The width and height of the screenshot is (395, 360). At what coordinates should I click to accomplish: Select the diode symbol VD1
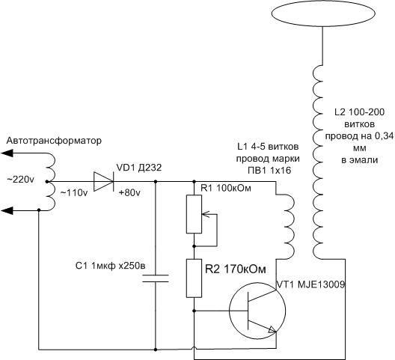pos(103,181)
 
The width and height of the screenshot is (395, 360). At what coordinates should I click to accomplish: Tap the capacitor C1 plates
pos(156,278)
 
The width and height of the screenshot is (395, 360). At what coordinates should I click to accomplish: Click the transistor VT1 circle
pos(230,311)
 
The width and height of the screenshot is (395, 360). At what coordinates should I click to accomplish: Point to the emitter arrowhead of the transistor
pos(272,329)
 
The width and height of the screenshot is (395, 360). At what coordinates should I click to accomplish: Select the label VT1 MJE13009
pos(310,284)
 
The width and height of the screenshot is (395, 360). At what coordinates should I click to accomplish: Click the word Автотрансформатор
pos(54,141)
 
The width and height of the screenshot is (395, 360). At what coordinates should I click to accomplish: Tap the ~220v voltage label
pos(20,180)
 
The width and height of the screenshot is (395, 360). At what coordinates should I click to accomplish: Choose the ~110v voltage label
pos(74,193)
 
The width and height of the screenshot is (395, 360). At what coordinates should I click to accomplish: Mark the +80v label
pos(129,193)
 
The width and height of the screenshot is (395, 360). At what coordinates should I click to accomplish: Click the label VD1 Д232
pos(139,168)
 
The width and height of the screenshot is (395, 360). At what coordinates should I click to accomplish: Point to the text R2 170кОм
pos(236,269)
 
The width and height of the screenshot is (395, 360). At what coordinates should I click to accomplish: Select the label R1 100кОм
pos(226,188)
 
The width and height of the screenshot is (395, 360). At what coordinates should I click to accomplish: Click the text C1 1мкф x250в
pos(111,266)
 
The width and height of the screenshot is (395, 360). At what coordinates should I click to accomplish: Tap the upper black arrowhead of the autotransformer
pos(7,153)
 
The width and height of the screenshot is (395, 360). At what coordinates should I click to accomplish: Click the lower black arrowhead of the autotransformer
pos(7,210)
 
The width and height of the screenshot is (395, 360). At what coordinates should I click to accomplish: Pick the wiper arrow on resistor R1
pos(206,215)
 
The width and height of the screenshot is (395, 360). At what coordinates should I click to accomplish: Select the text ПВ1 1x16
pos(269,171)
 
